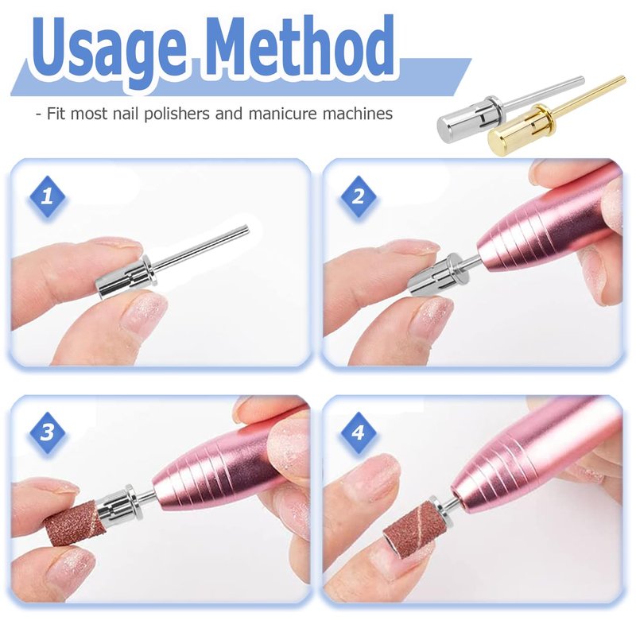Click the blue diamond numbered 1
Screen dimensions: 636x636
click(x=47, y=197)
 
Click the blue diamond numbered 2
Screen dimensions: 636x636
click(x=358, y=197)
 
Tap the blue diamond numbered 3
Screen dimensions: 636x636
click(x=47, y=432)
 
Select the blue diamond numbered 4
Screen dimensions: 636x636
click(x=358, y=432)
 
